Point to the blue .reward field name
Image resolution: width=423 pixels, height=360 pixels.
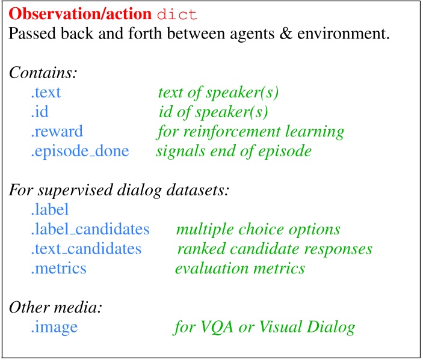point(57,131)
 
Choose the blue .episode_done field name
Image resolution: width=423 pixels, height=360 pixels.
point(79,150)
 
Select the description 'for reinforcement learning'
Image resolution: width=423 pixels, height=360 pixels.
point(250,131)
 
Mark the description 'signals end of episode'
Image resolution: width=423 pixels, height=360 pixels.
point(233,150)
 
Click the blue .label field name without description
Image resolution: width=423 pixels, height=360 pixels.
point(50,209)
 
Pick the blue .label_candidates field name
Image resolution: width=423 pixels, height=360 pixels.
point(90,229)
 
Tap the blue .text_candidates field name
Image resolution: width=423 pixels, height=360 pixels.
point(86,248)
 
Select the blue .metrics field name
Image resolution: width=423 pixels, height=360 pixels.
point(58,268)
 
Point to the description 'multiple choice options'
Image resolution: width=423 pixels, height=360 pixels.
point(258,229)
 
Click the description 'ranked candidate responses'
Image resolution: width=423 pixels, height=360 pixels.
point(275,248)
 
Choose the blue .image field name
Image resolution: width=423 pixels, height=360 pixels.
point(54,327)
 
